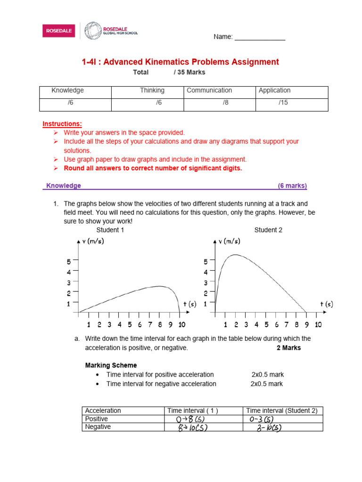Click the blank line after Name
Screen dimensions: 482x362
(x=260, y=37)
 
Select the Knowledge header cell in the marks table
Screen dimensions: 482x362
(x=67, y=90)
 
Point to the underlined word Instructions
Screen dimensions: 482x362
(x=62, y=124)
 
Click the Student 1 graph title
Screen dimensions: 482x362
(x=110, y=230)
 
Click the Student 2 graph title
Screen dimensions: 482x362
(x=268, y=230)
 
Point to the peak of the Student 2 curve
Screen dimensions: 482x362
(x=234, y=255)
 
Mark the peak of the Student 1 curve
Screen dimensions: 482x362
(x=160, y=286)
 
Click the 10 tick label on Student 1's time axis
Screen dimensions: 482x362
(x=181, y=324)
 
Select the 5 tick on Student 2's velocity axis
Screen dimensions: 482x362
(x=206, y=262)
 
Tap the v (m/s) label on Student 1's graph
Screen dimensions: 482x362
(x=93, y=241)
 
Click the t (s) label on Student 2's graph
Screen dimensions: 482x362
(x=326, y=304)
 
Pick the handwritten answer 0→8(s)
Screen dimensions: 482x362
(x=187, y=419)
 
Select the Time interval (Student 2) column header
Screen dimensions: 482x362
(x=282, y=410)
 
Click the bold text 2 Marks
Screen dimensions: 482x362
(x=288, y=348)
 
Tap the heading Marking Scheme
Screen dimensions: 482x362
(x=111, y=365)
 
